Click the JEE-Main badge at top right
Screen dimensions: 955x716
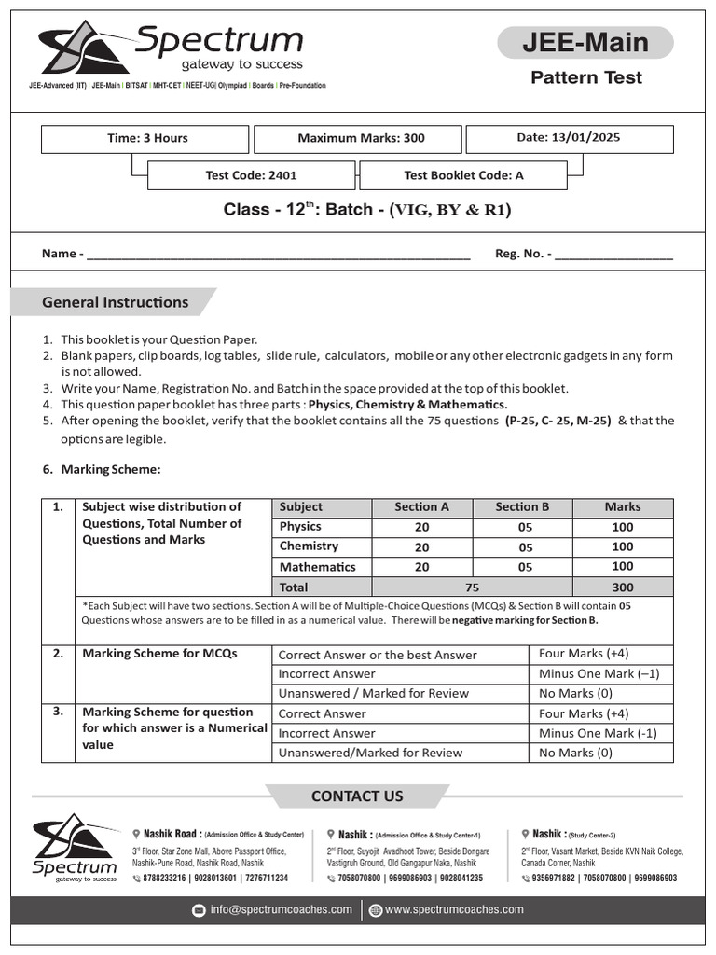tap(585, 43)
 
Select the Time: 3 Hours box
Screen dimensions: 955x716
tap(145, 138)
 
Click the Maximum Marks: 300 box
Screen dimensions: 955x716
tap(360, 138)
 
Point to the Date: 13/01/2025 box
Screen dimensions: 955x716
tap(569, 138)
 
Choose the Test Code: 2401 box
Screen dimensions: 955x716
tap(251, 175)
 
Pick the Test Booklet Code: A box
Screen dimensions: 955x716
tap(463, 175)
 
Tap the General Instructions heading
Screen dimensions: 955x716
tap(115, 302)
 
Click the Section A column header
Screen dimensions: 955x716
tap(421, 507)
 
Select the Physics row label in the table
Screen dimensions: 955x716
tap(300, 527)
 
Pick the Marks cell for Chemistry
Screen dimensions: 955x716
tap(622, 547)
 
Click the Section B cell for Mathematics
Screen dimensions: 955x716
tap(525, 567)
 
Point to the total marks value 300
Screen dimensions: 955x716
tap(622, 588)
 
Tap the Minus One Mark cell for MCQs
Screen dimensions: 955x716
tap(599, 673)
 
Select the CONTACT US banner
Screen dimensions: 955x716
tap(357, 796)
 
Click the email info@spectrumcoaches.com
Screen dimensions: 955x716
tap(281, 910)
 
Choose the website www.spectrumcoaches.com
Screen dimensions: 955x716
tap(454, 910)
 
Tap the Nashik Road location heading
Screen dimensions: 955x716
tap(170, 834)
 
